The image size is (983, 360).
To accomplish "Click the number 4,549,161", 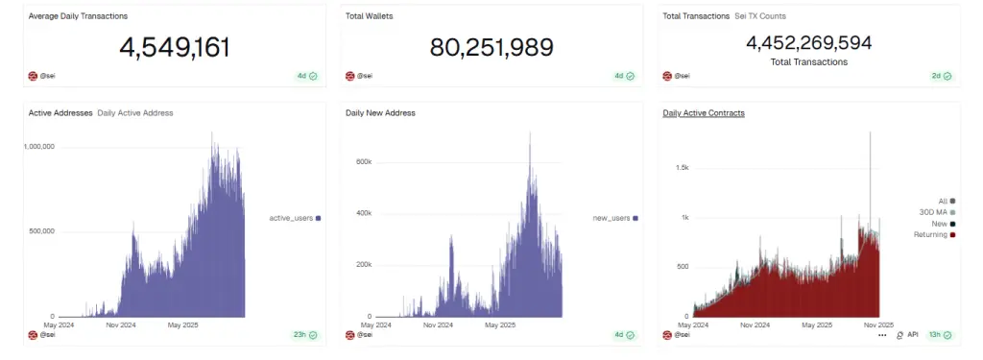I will [x=175, y=47].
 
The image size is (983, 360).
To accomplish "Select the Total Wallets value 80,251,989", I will [x=491, y=47].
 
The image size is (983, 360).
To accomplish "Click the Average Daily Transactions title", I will [x=78, y=16].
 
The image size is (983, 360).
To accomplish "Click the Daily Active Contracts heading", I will [x=704, y=113].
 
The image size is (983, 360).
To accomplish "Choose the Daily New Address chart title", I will [x=380, y=113].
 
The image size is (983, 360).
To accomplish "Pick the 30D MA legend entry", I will [x=933, y=212].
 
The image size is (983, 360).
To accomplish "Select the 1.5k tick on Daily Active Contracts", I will [x=682, y=168].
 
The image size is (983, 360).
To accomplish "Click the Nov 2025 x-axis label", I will [x=879, y=324].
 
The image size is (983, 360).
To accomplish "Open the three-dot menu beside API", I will [x=882, y=335].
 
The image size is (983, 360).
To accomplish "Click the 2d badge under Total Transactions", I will [x=941, y=76].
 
